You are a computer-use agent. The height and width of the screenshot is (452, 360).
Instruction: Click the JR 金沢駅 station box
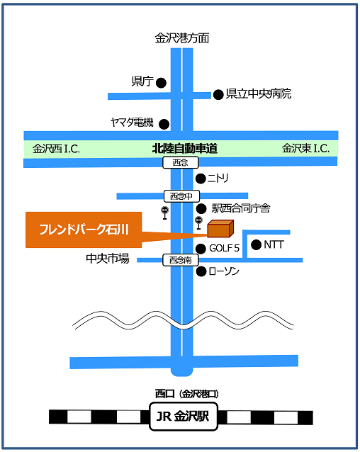tap(184, 417)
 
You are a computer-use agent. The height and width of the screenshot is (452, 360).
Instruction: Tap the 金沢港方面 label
tap(182, 38)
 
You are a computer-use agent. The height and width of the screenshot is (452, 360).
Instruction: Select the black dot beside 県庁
tap(161, 83)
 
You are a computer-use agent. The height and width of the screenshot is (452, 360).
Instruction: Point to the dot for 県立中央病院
tap(218, 94)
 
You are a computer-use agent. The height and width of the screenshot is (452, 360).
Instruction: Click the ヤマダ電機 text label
tap(132, 123)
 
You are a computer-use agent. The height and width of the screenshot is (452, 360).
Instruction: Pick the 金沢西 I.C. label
tap(56, 149)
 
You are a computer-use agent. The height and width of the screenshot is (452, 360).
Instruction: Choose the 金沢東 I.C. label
tap(306, 148)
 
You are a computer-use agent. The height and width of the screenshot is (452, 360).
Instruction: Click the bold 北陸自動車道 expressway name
tap(185, 149)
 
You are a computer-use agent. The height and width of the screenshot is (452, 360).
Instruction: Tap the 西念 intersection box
tap(181, 162)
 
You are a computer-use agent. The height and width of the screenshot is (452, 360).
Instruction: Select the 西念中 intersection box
tap(182, 196)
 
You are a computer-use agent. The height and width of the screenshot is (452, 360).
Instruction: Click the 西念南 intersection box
tap(181, 260)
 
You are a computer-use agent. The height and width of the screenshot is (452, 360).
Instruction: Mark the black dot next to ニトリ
tap(201, 179)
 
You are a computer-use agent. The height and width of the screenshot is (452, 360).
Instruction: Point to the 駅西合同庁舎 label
tap(241, 208)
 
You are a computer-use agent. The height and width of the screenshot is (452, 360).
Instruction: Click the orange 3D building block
tap(220, 229)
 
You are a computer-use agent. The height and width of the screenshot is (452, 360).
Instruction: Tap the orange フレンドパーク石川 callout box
tap(84, 230)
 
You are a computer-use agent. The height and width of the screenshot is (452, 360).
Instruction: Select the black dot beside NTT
tap(256, 244)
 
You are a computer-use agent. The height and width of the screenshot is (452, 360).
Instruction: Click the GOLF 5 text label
tap(224, 248)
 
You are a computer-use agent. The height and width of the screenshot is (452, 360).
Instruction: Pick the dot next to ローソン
tap(201, 271)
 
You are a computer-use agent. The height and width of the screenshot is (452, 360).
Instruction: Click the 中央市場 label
tap(108, 259)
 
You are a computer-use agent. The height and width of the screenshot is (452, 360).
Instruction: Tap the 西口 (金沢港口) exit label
tap(187, 393)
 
